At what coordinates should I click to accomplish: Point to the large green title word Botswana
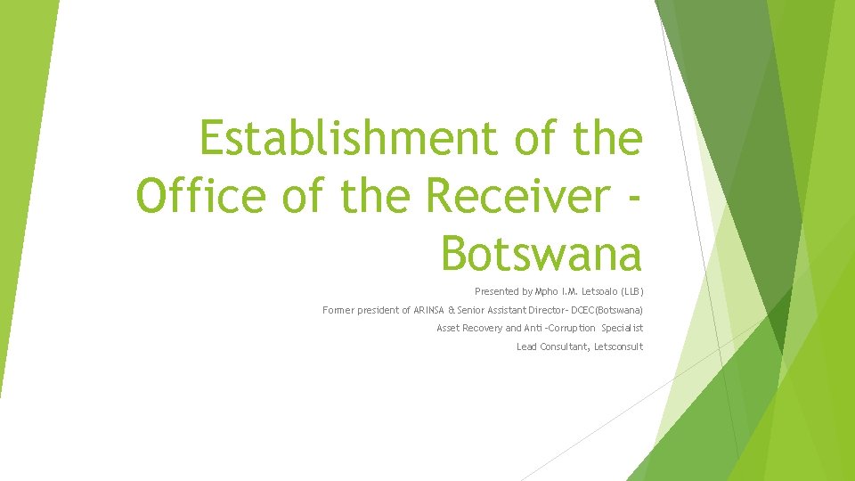(541, 253)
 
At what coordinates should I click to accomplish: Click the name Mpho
(547, 292)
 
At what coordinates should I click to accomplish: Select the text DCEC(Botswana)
(607, 311)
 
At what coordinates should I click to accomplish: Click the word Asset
(449, 329)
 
